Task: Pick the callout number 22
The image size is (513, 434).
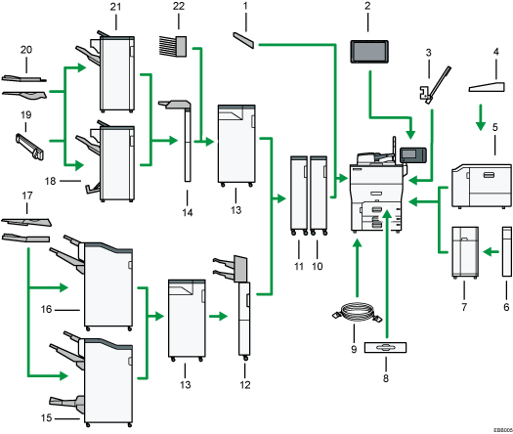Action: coord(178,8)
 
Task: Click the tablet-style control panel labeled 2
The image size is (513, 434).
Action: coord(370,52)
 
